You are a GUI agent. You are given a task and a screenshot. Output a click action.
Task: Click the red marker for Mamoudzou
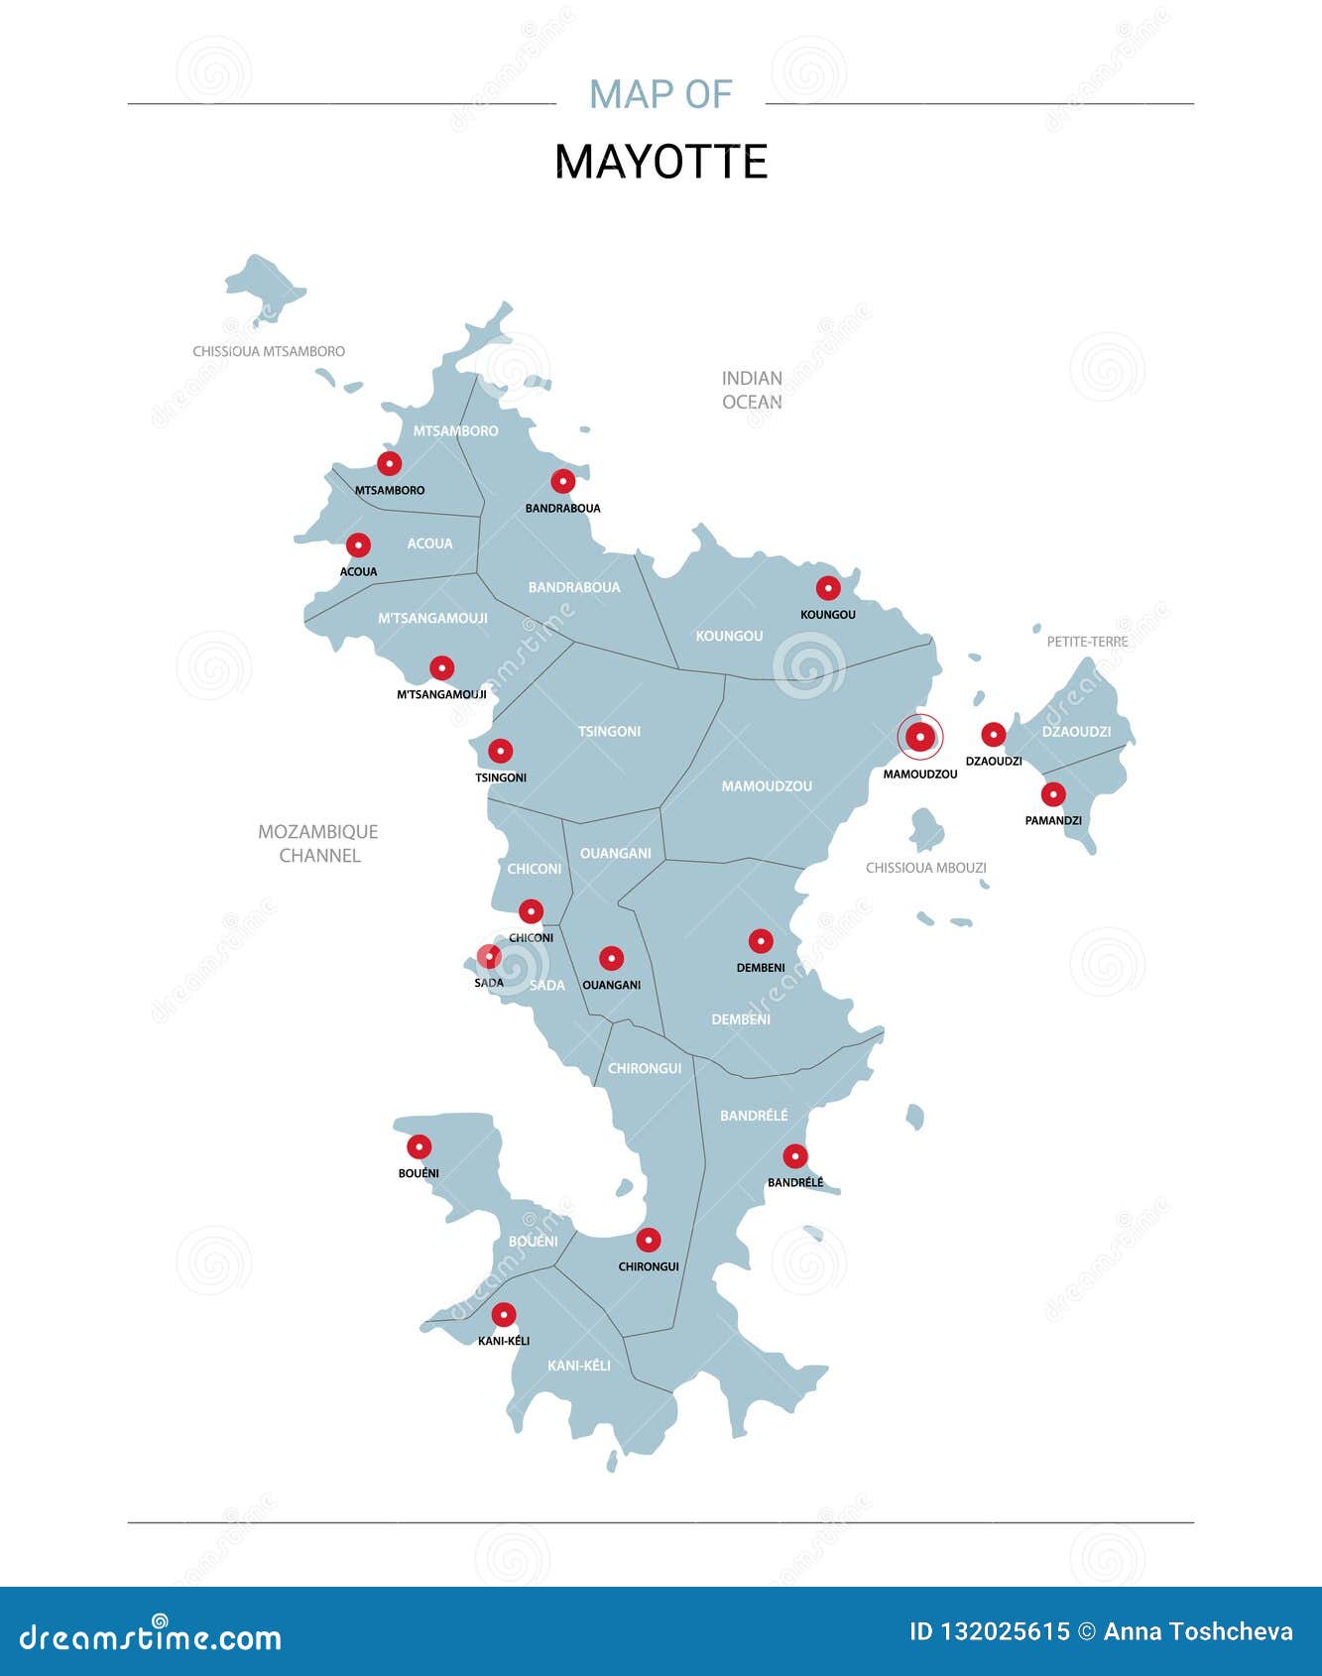point(920,737)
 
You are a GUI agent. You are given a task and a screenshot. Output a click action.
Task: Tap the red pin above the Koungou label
point(828,588)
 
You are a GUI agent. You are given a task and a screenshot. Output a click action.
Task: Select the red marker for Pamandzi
point(1053,794)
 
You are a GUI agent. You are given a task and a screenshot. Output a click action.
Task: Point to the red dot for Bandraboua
point(563,482)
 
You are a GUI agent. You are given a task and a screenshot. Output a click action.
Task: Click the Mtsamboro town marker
point(390,463)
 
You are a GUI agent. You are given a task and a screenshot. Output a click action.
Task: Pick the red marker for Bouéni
point(420,1147)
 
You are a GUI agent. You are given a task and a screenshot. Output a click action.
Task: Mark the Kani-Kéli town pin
point(504,1315)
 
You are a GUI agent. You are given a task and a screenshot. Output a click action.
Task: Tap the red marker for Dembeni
point(761,941)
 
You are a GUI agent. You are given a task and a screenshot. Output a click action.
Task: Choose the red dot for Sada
point(489,957)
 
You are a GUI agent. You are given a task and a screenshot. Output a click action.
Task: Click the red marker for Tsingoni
point(501,752)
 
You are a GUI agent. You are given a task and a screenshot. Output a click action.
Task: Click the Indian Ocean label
point(752,390)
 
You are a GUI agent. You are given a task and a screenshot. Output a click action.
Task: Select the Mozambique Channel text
point(318,844)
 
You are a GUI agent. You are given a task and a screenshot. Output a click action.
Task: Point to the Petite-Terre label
point(1087,642)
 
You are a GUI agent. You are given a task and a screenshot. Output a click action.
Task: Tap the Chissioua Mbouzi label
point(926,868)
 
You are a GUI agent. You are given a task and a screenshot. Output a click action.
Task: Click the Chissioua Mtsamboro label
point(269,351)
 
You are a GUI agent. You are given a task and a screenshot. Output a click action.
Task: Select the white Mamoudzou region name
point(767,786)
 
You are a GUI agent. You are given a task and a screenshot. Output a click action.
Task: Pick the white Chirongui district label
point(645,1069)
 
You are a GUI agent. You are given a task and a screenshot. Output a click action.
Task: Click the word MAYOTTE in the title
point(661,162)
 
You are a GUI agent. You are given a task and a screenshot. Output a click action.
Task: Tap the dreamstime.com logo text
point(151,1636)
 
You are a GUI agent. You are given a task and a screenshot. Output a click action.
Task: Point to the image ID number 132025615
point(1003,1631)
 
